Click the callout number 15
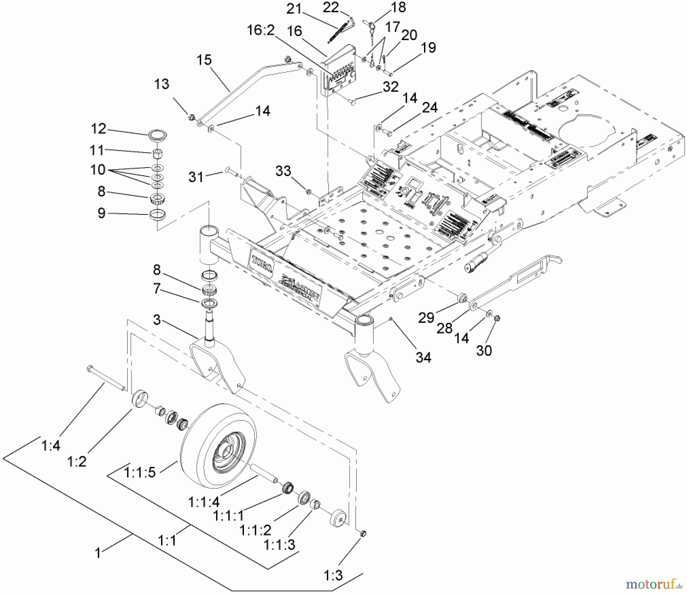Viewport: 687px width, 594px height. [204, 60]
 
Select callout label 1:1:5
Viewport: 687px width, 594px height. [140, 473]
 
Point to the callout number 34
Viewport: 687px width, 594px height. [423, 357]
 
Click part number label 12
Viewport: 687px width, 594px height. [98, 129]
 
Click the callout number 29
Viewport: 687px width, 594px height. [426, 317]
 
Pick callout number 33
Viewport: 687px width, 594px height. [283, 171]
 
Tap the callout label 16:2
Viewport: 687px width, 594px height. [261, 31]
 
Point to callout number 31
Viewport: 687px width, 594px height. [196, 177]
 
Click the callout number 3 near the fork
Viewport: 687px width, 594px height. [156, 320]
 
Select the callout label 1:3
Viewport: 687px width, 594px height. [333, 575]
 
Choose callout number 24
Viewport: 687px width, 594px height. [430, 108]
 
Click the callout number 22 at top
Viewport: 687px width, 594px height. [331, 7]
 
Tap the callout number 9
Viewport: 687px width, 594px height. [101, 213]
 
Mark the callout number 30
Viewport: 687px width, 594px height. [484, 350]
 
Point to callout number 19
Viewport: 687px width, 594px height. [428, 48]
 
